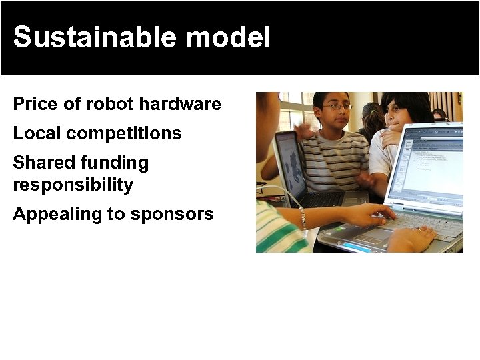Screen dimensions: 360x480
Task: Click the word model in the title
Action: pyautogui.click(x=229, y=37)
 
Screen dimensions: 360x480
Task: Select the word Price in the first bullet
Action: pyautogui.click(x=34, y=105)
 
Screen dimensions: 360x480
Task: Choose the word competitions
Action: pyautogui.click(x=124, y=133)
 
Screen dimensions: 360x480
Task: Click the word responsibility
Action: pyautogui.click(x=73, y=185)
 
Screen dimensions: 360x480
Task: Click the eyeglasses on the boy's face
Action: pyautogui.click(x=337, y=107)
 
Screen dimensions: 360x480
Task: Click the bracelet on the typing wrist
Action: pyautogui.click(x=303, y=218)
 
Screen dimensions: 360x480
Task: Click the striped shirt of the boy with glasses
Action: pyautogui.click(x=337, y=157)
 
